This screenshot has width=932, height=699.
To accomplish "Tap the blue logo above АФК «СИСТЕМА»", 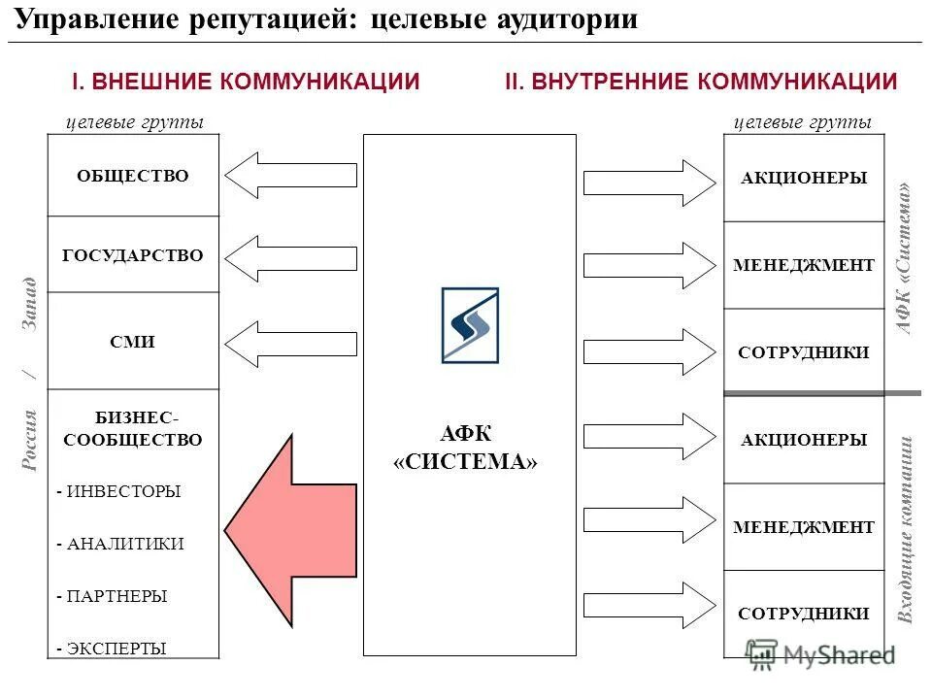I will [470, 325].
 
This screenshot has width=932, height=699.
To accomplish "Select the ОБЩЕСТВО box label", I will [133, 176].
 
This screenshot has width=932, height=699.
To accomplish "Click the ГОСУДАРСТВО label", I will [133, 255].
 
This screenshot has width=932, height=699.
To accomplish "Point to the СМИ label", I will [133, 342].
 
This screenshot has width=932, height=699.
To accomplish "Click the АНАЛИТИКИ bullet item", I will [120, 544].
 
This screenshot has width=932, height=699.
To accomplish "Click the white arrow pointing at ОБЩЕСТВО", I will [291, 175].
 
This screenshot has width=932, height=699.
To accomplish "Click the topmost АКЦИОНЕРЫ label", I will [804, 179].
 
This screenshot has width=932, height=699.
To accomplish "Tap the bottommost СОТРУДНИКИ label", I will [804, 614].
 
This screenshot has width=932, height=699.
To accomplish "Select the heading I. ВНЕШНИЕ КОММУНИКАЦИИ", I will [247, 82].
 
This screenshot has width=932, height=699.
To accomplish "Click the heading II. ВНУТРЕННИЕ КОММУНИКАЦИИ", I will [701, 82].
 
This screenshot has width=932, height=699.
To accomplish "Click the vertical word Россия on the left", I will [30, 440].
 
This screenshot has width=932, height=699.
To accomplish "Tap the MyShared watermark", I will [820, 654].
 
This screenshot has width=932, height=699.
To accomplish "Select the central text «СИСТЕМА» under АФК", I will [465, 461].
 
